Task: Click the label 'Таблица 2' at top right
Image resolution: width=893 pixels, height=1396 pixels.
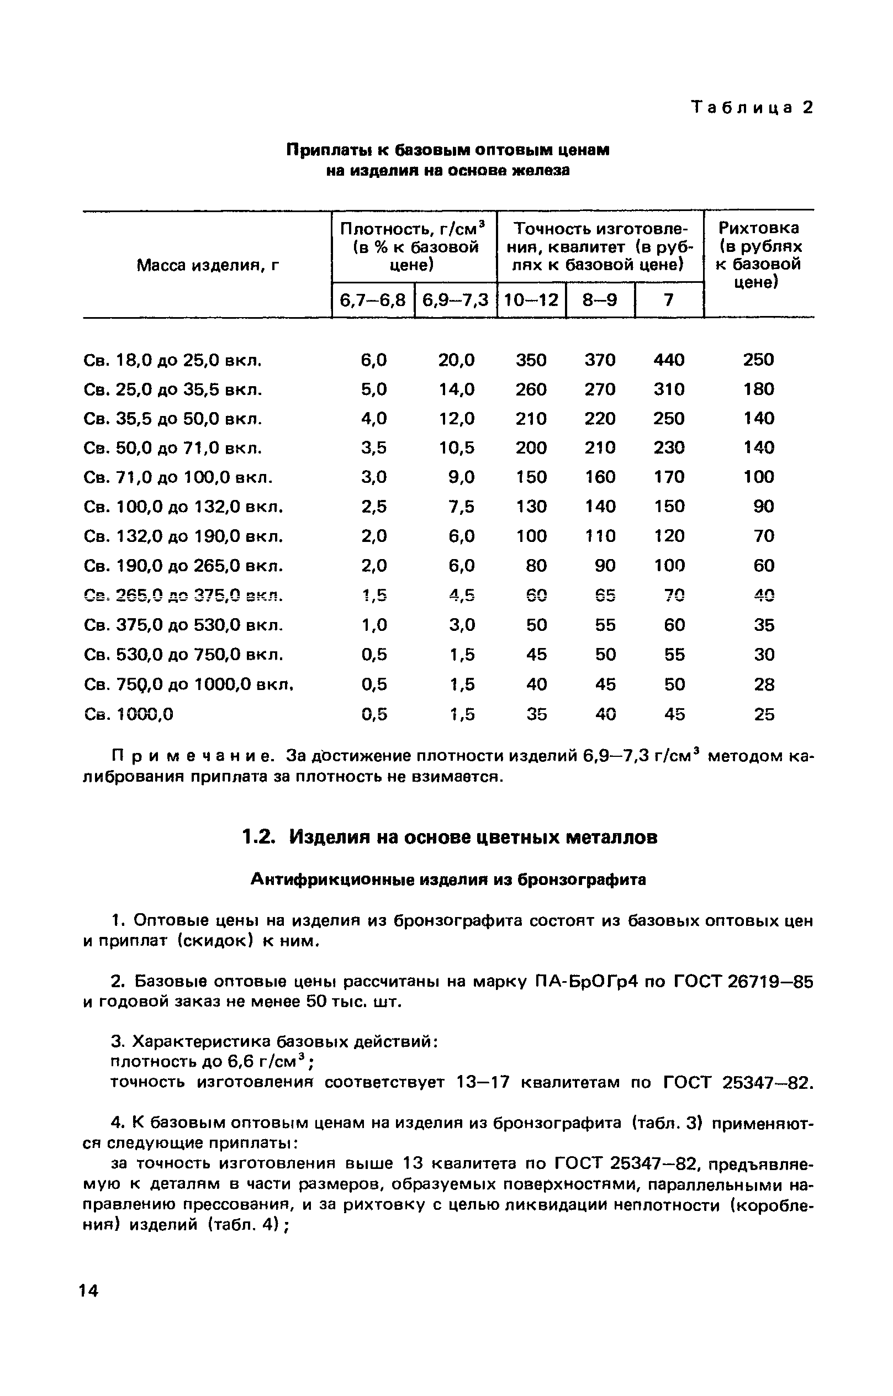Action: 753,108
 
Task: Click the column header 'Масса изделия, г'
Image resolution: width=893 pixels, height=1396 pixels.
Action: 208,266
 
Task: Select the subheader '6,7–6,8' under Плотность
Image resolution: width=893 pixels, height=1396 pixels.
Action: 373,301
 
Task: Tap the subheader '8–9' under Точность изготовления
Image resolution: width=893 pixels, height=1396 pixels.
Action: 600,301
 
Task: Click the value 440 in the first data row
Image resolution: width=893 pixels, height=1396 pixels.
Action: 669,360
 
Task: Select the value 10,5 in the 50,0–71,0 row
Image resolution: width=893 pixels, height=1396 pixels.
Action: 456,447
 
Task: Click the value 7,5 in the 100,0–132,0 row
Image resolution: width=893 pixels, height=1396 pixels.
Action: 462,507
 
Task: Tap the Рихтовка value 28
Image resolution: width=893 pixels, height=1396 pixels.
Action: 764,685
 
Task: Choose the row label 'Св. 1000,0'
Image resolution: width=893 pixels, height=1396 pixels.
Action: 129,714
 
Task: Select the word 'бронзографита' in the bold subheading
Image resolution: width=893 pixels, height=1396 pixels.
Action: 582,880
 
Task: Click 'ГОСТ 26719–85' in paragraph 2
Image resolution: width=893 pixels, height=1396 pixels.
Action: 743,981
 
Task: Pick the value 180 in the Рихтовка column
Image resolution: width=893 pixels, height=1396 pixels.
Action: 758,389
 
